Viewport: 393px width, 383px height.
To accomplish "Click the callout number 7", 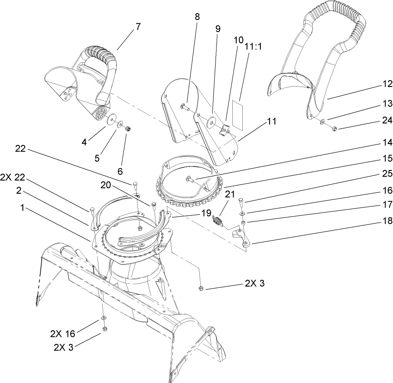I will coord(138,26).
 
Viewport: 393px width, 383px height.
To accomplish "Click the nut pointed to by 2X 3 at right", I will coord(200,288).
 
